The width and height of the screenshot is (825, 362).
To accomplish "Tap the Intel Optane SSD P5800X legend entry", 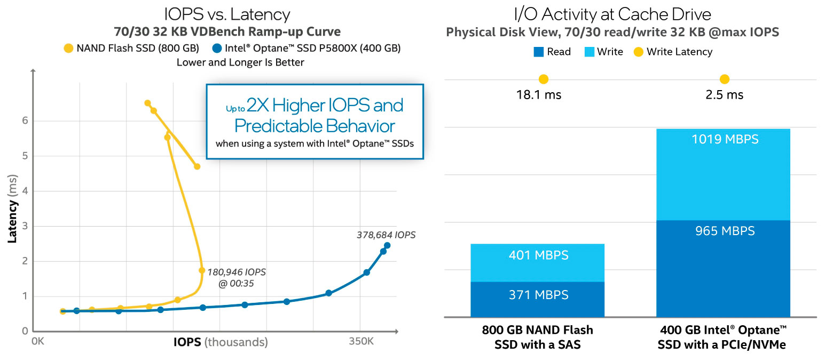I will (307, 49).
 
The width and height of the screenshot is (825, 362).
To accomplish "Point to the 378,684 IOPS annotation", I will (386, 235).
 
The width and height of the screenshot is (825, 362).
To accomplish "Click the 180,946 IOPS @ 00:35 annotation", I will (236, 278).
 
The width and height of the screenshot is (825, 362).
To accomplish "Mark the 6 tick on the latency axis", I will (24, 121).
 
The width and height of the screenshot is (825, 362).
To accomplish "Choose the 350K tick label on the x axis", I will (361, 341).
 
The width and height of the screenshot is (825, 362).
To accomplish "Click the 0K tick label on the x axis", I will (37, 341).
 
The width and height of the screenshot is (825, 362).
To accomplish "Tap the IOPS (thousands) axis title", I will (220, 342).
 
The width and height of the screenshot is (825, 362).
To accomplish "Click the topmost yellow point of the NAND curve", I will (147, 103).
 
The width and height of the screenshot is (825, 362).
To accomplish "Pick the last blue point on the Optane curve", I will (387, 245).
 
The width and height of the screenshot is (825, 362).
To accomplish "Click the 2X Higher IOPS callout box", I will (315, 121).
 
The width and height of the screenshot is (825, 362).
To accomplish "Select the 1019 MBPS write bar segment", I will (723, 174).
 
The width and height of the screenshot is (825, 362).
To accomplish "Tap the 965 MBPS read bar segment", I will (723, 268).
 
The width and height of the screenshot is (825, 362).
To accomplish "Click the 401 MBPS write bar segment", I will (537, 262).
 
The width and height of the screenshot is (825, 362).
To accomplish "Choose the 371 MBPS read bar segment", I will (537, 299).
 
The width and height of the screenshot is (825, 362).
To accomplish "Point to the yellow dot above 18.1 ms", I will (544, 79).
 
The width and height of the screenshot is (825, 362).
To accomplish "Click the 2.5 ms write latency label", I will (724, 95).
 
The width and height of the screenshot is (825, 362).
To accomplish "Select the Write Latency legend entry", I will (673, 52).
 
